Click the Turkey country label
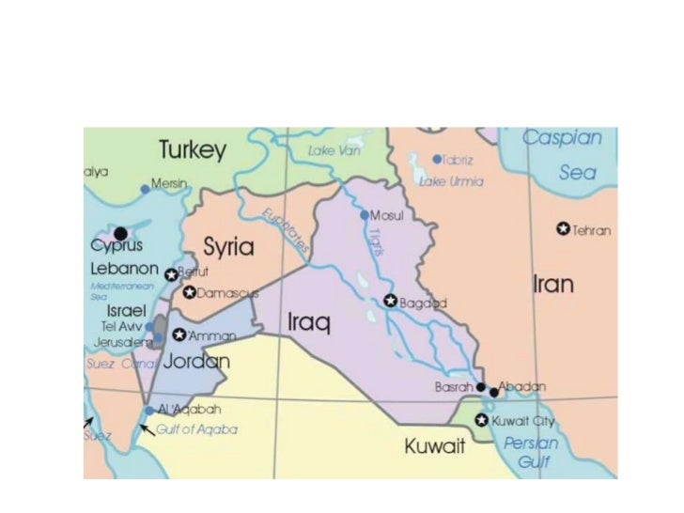193,150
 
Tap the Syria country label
228,247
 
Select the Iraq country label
309,324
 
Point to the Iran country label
553,284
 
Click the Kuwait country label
435,446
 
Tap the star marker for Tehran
563,229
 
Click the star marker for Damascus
189,293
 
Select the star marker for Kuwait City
482,420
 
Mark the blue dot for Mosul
365,215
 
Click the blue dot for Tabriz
437,160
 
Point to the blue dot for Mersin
145,189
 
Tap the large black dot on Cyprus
120,232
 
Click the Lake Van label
334,150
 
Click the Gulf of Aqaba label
197,429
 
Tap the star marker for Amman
178,334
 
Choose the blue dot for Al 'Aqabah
148,411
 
